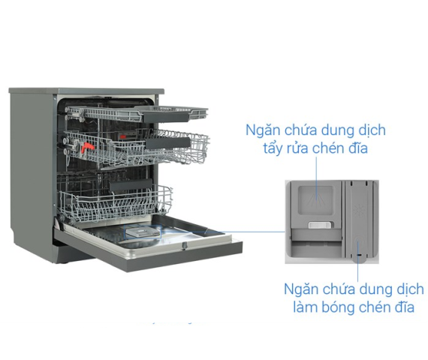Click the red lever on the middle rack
coord(87,148)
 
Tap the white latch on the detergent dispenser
coord(321,225)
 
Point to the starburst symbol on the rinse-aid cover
coord(358,210)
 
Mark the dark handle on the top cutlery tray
coord(166,117)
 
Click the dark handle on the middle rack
coord(167,143)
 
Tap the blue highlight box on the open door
coord(142,232)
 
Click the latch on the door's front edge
coord(185,246)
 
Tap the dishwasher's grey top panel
coord(86,91)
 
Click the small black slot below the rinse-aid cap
coord(359,255)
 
